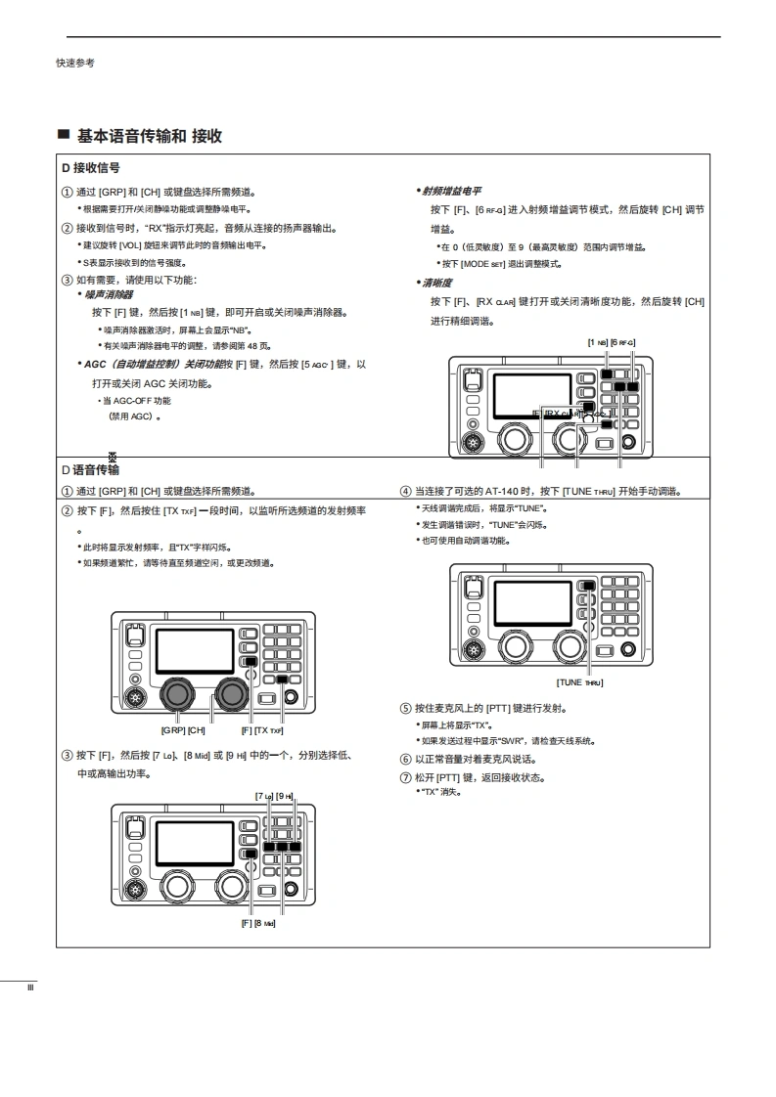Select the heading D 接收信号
click(x=91, y=168)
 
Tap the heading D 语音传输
click(x=91, y=470)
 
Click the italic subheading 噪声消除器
click(x=110, y=294)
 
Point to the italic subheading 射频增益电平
click(x=452, y=192)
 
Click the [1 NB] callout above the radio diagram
click(x=597, y=342)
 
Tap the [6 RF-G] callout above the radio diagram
click(x=622, y=342)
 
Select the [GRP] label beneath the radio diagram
click(x=171, y=729)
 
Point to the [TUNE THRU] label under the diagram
click(x=579, y=681)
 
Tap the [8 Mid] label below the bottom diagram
click(x=264, y=923)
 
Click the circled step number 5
click(x=405, y=708)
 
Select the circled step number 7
click(x=405, y=778)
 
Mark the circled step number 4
click(x=405, y=491)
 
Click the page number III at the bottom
click(x=30, y=987)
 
